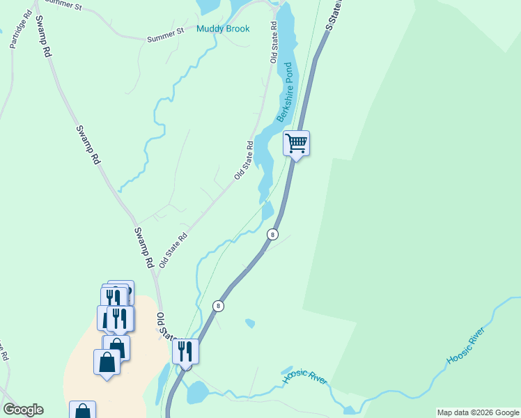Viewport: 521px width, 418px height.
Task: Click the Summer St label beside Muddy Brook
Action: coord(164,35)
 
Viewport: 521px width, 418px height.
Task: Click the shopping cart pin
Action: coord(296,144)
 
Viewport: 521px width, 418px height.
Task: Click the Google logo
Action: coord(23,410)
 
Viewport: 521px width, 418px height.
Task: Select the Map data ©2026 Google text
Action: coord(478,412)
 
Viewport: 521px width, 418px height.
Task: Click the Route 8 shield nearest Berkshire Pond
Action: coord(272,234)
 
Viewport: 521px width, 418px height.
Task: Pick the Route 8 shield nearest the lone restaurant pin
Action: coord(219,306)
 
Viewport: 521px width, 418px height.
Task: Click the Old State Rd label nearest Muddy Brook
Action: coord(274,45)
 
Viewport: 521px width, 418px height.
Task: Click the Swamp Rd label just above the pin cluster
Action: coord(143,247)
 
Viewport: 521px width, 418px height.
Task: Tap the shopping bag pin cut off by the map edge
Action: coord(82,410)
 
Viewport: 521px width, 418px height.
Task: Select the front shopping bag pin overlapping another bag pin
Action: coord(106,362)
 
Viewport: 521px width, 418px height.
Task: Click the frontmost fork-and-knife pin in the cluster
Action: coord(120,319)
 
